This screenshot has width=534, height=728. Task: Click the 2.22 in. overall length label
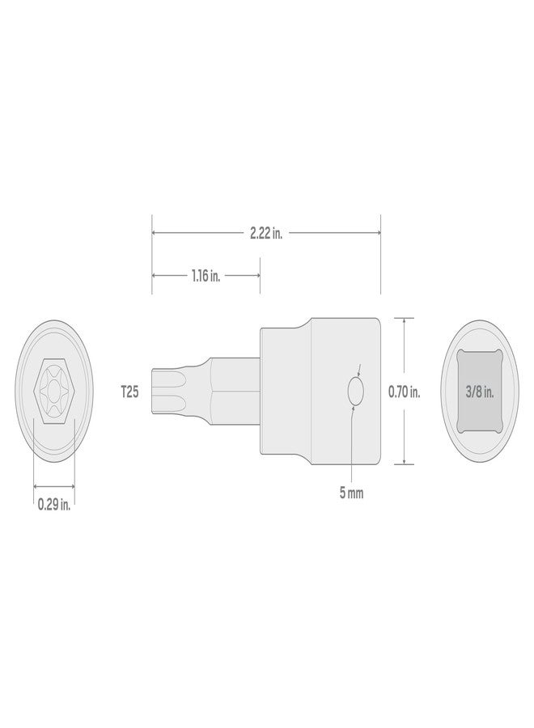(265, 234)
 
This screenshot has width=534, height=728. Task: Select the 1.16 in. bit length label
(206, 276)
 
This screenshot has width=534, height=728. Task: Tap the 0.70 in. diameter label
(404, 392)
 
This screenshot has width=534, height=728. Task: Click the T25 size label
(129, 392)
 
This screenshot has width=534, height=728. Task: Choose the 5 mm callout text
(351, 493)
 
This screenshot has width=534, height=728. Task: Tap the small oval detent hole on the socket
(354, 392)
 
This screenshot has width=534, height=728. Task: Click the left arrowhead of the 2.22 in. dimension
(155, 234)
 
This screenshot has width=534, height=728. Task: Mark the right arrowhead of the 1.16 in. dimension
(256, 276)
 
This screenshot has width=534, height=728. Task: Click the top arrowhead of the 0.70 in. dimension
(404, 320)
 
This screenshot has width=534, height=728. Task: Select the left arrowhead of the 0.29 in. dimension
(36, 486)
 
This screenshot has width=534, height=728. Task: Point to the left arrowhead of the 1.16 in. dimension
(155, 276)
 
